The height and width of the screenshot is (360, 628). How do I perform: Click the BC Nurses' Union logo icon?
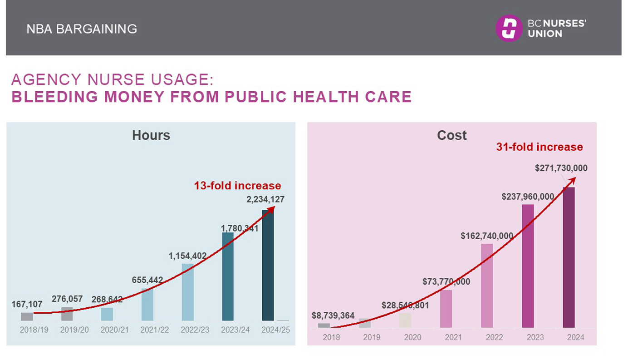point(508,28)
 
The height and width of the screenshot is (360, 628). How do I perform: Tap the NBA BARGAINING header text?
point(82,29)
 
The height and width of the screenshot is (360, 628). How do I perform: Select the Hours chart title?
point(151,135)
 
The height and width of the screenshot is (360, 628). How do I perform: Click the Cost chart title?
point(451,135)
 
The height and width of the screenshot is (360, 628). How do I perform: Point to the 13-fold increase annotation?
point(237,186)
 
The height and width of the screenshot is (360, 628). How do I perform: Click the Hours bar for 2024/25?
point(268,265)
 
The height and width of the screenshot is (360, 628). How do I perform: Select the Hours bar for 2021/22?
point(147,305)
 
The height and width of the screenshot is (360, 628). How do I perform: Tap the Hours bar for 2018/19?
point(27,316)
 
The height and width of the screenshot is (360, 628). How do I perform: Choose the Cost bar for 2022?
point(487,286)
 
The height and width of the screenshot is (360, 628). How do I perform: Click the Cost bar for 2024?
point(569,257)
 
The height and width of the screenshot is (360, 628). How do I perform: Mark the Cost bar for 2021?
point(446,309)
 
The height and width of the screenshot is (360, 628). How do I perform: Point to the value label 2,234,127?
point(265,199)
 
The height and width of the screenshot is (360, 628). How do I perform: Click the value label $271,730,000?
point(561,168)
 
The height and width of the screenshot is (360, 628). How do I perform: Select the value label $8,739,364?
point(333,316)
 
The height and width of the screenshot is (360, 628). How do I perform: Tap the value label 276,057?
point(67,299)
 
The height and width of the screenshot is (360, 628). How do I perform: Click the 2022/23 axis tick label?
point(195,330)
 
